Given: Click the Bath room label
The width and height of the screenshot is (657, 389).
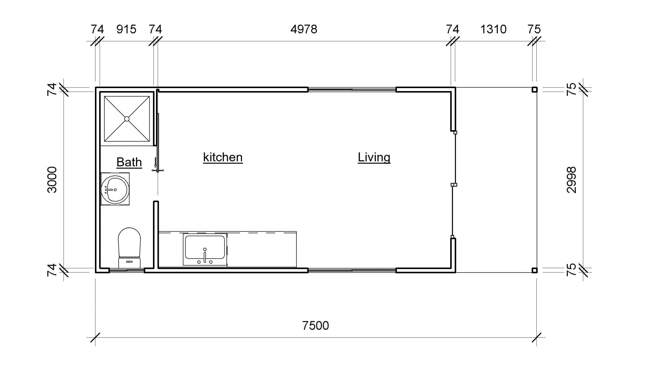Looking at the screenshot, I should pos(129,162).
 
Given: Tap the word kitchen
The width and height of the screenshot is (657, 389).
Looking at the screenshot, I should pos(223,157).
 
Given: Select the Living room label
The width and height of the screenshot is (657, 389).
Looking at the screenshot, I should pos(374,157).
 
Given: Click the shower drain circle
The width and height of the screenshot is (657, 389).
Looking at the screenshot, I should pos(127,119).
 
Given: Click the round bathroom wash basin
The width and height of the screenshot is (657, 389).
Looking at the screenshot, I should pos(115,190).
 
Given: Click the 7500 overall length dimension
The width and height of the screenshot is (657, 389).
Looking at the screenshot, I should pos(316,326).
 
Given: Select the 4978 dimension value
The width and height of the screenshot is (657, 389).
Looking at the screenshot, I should pos(304,29).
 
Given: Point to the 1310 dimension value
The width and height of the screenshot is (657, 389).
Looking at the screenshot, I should pos(493,29).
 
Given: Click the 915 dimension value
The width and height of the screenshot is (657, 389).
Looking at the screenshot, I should pos(126,29).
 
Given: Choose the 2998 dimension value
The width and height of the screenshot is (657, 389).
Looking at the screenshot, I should pos(572,180).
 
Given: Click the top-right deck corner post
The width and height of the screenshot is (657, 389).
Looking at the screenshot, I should pos(534,90).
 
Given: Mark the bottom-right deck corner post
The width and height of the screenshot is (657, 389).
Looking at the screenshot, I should pos(534,270).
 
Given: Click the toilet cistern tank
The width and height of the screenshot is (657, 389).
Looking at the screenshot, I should pos(130,262).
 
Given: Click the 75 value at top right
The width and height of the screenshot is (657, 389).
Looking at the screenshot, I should pos(534,29).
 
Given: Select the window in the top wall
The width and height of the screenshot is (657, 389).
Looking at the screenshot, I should pos(352,90).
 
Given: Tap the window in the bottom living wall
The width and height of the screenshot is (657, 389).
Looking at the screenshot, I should pos(352,271).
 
